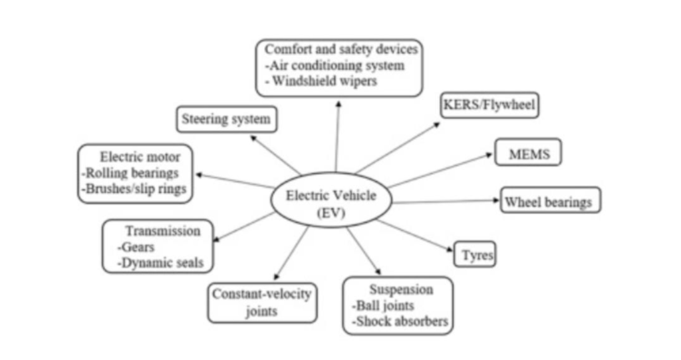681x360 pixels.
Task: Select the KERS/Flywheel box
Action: pyautogui.click(x=489, y=105)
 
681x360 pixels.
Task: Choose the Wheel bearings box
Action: pyautogui.click(x=550, y=201)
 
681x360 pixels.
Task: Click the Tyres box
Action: pyautogui.click(x=475, y=255)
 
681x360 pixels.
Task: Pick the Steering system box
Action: pyautogui.click(x=226, y=120)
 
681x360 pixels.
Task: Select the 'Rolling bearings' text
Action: pyautogui.click(x=130, y=173)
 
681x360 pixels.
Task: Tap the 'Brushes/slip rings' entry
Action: pyautogui.click(x=135, y=189)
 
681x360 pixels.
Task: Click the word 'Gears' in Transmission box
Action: pyautogui.click(x=138, y=247)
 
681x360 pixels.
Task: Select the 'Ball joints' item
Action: pyautogui.click(x=382, y=306)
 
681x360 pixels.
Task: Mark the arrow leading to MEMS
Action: pyautogui.click(x=439, y=170)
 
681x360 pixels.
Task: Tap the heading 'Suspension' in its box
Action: pyautogui.click(x=401, y=289)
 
